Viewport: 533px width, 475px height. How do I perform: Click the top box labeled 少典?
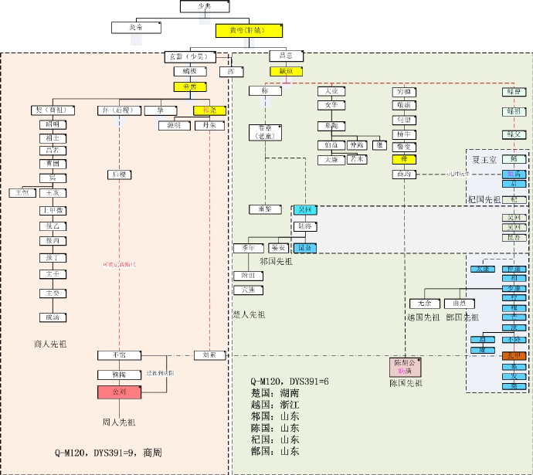205,6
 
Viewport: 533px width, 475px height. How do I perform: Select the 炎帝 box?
136,27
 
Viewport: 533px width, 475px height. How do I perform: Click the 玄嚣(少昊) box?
186,56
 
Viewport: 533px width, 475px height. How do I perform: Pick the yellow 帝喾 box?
190,87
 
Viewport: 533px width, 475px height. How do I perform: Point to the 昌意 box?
285,56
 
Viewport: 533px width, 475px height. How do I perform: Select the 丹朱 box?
209,125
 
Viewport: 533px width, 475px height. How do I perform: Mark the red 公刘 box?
120,392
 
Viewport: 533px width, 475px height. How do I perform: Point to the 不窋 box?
119,355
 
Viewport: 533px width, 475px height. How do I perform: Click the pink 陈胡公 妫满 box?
406,367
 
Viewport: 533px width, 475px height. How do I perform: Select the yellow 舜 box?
404,159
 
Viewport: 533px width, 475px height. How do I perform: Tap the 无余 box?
424,304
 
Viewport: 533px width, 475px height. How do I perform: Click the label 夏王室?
487,160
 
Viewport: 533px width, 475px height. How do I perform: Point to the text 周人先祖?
119,422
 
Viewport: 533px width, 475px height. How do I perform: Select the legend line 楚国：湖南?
273,393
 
